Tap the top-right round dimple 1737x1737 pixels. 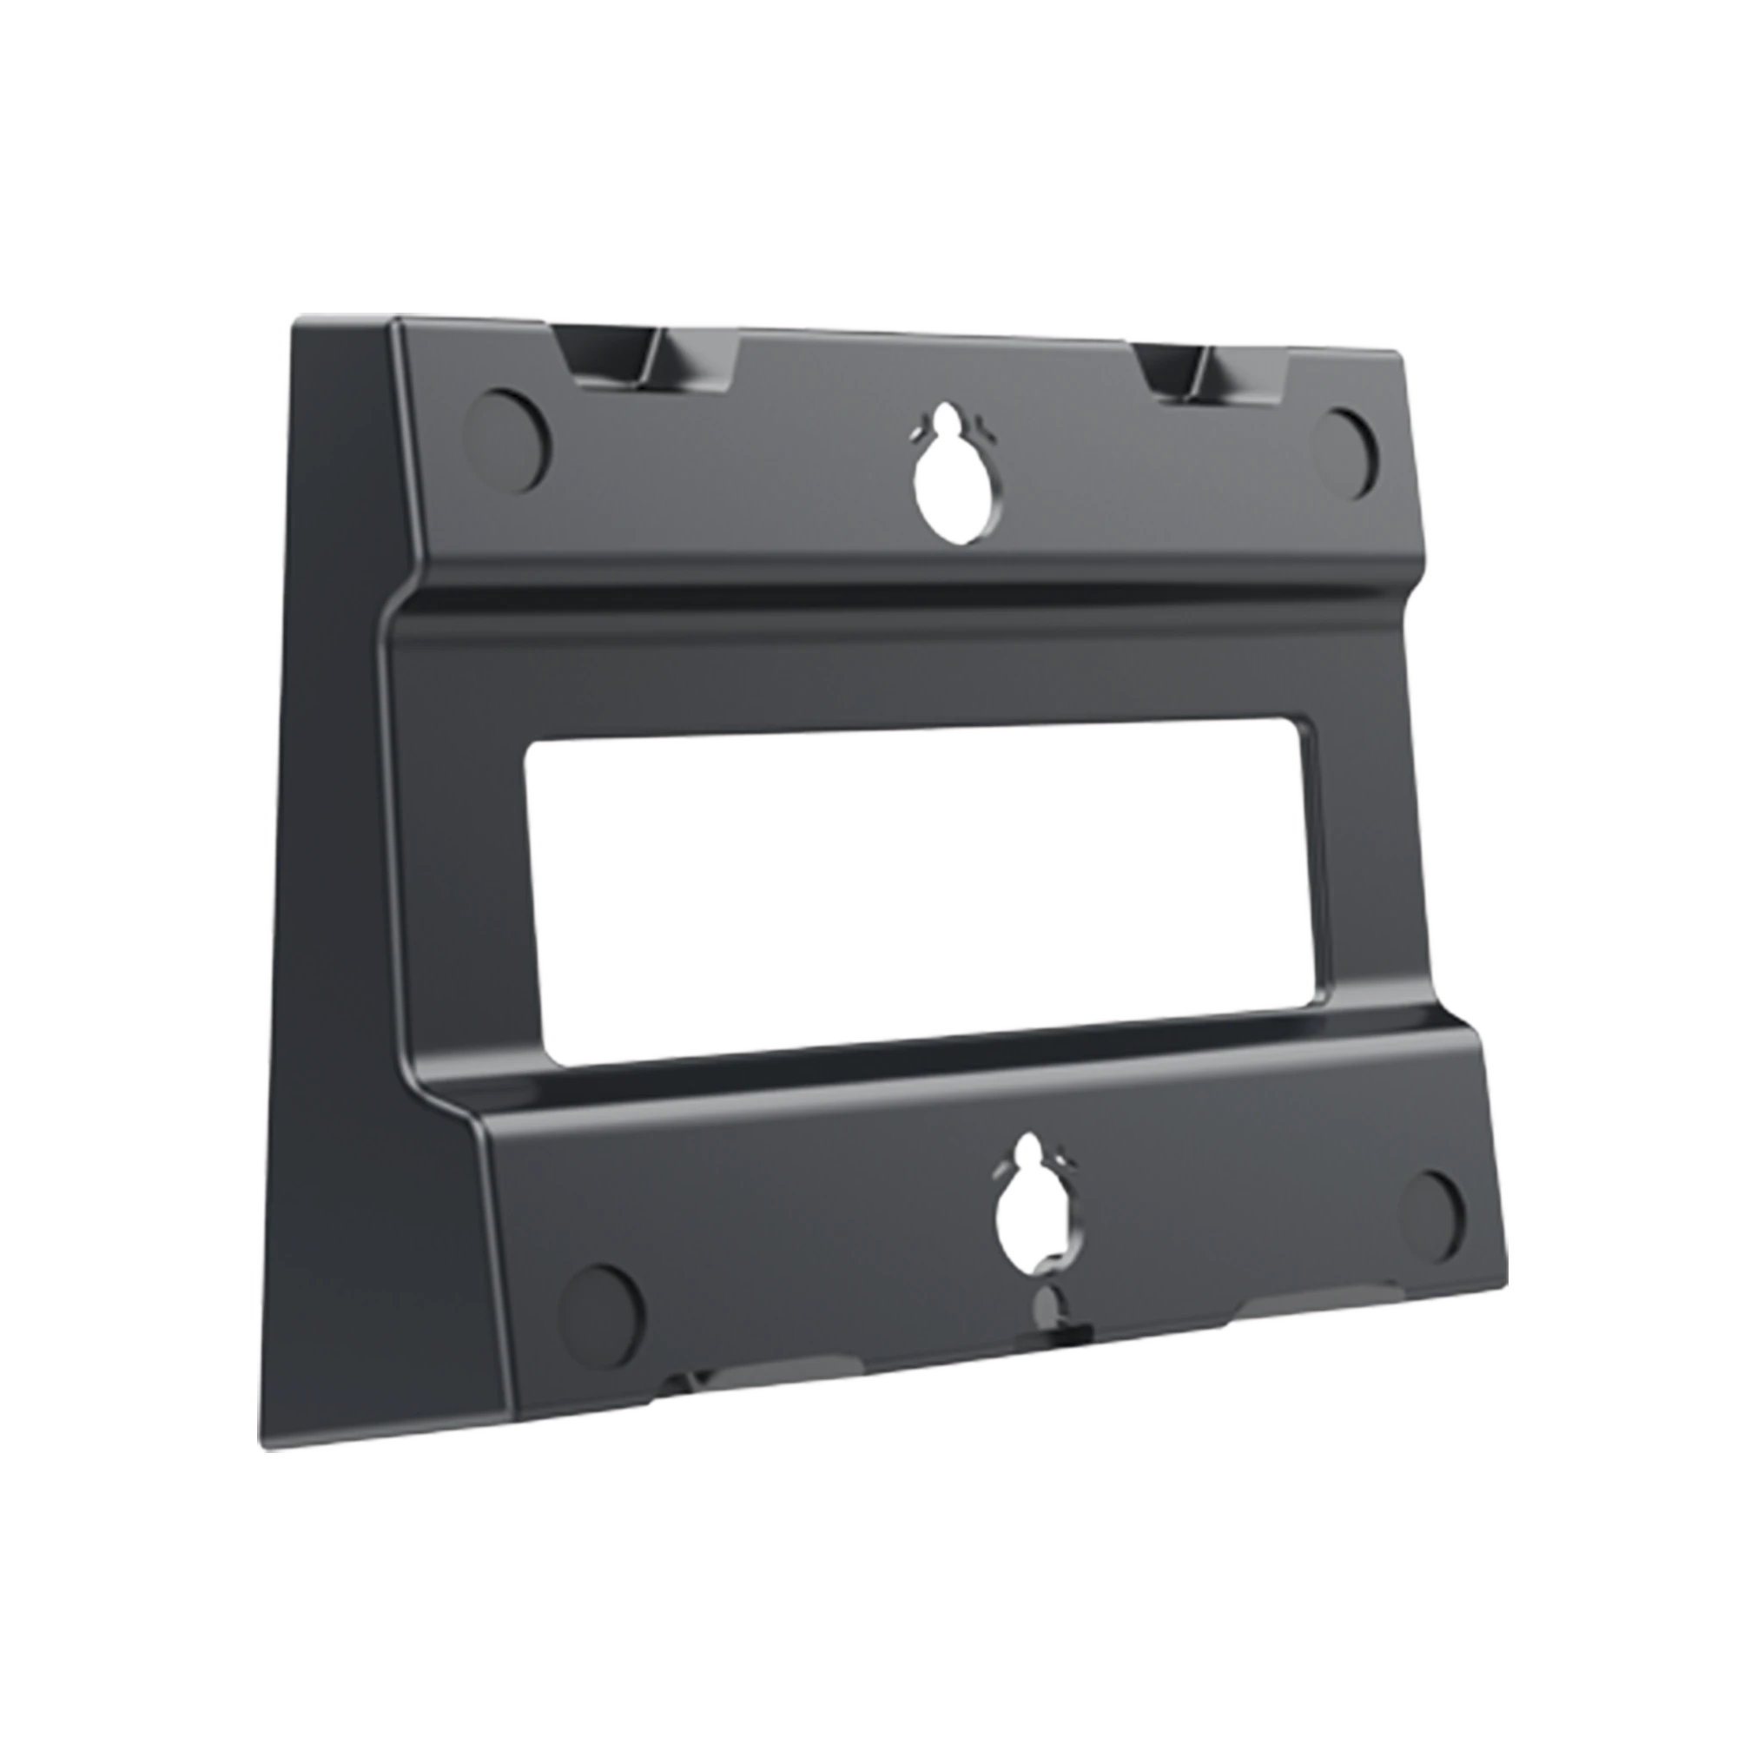click(x=1346, y=453)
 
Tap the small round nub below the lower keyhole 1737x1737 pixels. click(x=1046, y=1301)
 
